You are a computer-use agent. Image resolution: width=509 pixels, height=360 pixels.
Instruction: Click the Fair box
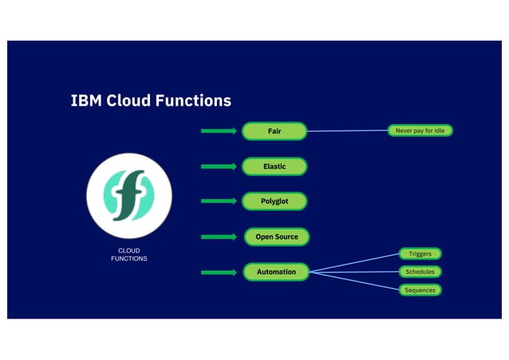coord(274,131)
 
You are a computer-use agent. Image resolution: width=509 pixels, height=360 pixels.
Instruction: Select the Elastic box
coord(274,167)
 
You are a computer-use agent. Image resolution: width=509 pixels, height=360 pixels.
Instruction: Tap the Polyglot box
coord(274,201)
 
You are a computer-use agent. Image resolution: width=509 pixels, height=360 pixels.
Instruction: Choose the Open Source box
coord(277,237)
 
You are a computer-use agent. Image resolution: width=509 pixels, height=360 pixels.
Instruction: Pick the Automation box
coord(276,272)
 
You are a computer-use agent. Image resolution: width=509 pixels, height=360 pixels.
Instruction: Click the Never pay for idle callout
coord(420,130)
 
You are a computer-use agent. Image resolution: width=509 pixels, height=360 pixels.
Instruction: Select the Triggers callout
coord(420,254)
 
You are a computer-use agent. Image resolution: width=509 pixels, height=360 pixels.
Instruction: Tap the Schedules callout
coord(420,272)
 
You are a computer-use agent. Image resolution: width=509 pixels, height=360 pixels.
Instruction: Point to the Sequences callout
coord(420,290)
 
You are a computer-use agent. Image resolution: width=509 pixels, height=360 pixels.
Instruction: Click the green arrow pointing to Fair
coord(219,131)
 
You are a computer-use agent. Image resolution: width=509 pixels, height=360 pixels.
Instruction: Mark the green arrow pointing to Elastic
coord(219,167)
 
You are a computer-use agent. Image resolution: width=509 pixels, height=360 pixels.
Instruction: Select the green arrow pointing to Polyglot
coord(219,201)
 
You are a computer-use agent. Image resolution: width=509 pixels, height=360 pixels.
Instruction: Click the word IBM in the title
coord(86,101)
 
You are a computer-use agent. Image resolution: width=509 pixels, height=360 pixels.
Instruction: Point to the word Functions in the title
coord(195,101)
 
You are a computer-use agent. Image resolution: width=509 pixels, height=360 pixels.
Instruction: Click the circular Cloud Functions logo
coord(129,196)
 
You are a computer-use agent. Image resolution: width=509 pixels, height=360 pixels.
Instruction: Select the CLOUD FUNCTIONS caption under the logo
coord(128,255)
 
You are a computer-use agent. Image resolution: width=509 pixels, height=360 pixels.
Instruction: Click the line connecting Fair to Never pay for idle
coord(347,131)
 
